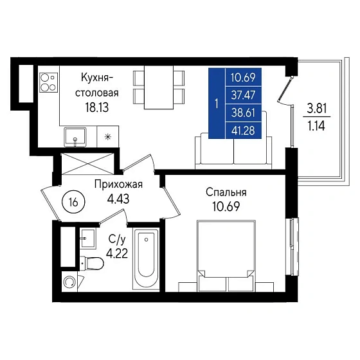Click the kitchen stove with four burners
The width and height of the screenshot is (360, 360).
point(48,82)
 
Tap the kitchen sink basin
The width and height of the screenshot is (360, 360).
point(75,137)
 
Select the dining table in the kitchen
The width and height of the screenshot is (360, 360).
point(159,87)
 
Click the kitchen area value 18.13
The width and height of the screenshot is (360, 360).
point(97,107)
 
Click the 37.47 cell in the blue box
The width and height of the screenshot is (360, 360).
point(244,95)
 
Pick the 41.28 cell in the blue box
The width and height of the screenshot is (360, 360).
point(244,130)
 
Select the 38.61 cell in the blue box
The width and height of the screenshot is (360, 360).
point(244,113)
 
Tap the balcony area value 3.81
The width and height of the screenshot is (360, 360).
point(317,109)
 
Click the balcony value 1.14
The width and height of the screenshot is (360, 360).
point(316,126)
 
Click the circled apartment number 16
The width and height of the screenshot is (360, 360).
point(73,203)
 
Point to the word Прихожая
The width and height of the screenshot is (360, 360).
point(118,184)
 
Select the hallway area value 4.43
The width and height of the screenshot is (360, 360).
point(118,199)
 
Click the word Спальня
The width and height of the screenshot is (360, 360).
point(226,192)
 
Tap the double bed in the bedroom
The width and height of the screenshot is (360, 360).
point(226,256)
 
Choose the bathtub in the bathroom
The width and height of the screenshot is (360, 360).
point(146,258)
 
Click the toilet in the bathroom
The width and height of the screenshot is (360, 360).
point(92,263)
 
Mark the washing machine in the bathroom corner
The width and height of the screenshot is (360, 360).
point(69,282)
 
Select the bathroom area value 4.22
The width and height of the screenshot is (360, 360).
point(117,254)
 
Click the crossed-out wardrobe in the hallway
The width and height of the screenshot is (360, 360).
point(87,164)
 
